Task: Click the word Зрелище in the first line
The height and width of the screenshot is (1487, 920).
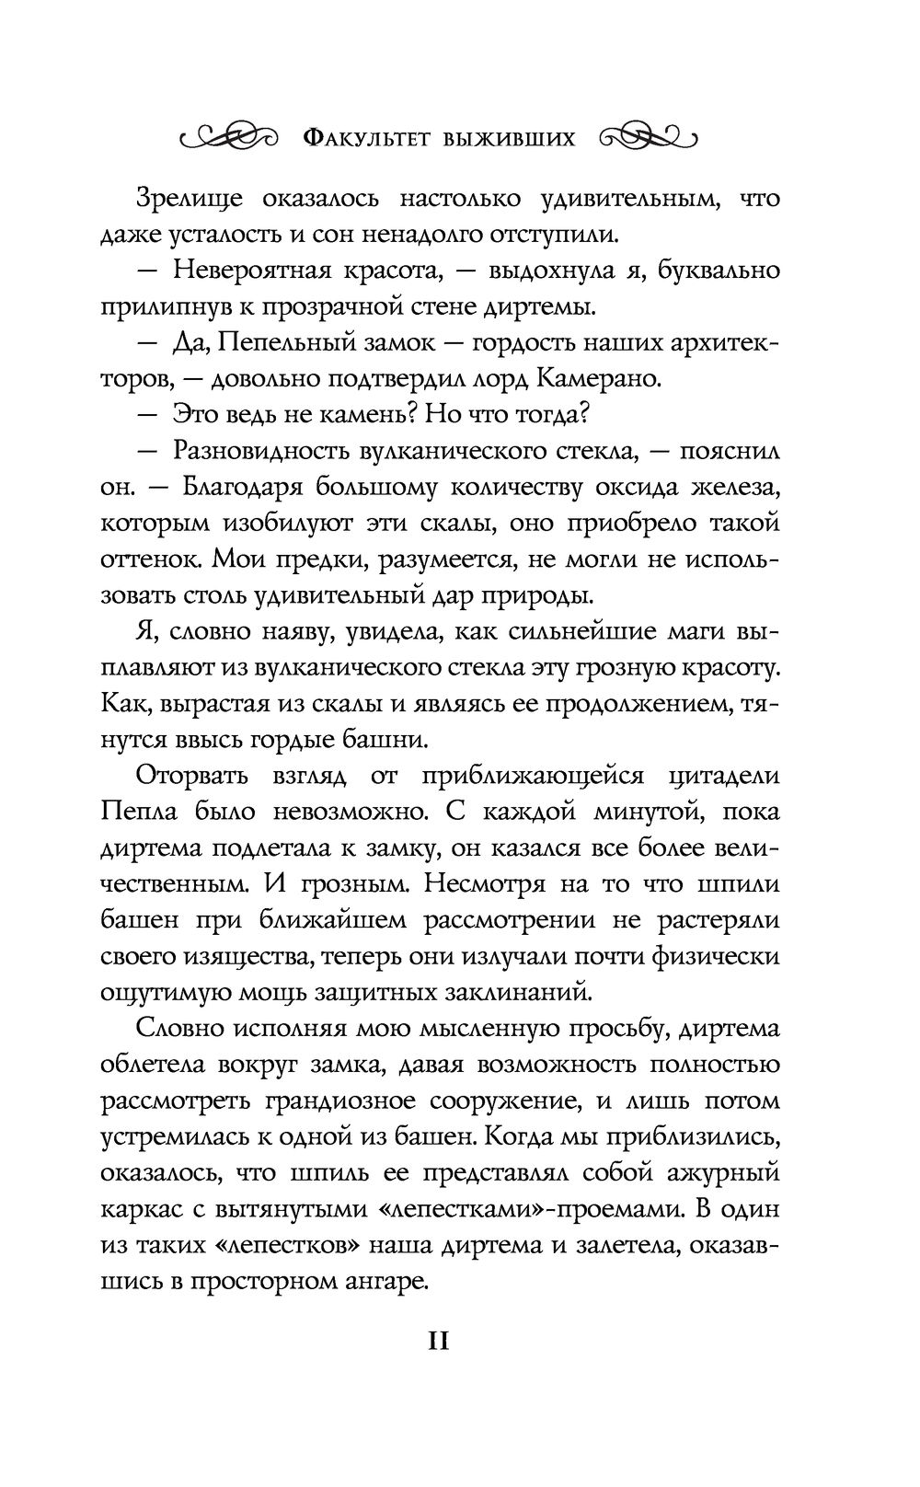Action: pos(192,199)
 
